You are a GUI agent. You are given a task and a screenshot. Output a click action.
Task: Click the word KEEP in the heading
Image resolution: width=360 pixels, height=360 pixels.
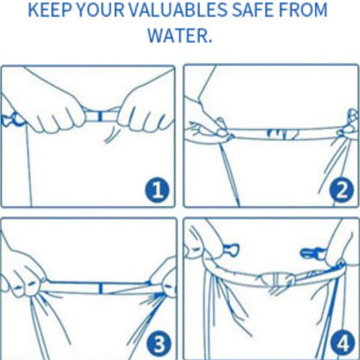(50, 10)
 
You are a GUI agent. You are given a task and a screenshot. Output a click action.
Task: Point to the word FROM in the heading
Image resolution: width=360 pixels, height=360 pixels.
(303, 10)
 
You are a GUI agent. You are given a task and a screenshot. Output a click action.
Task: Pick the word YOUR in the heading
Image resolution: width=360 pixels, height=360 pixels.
(100, 10)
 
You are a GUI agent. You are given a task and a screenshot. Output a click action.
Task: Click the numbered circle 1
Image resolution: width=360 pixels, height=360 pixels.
(157, 190)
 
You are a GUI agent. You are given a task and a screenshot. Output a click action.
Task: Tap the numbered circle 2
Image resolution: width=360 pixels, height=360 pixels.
(341, 190)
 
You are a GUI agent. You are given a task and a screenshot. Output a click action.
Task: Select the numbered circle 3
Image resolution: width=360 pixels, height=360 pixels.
(158, 344)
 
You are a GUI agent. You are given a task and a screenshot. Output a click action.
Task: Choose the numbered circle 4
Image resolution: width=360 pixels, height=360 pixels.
(343, 344)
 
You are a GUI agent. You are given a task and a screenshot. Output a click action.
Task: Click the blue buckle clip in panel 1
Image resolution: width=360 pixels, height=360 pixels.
(11, 119)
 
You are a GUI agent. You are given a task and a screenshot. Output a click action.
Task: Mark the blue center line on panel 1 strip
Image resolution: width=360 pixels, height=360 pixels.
(100, 116)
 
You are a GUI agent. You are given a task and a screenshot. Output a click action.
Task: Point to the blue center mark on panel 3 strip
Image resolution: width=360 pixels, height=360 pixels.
(100, 288)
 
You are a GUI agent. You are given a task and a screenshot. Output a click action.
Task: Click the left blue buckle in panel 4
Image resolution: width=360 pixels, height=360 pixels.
(231, 248)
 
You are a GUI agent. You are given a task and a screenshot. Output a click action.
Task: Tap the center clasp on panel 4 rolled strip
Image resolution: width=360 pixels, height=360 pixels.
(277, 279)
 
